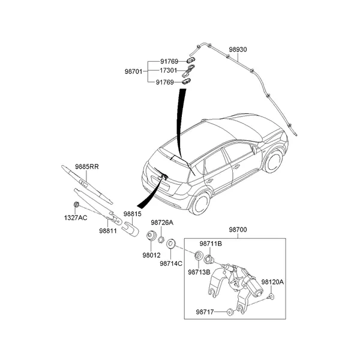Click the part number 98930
(239, 53)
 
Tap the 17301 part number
(169, 71)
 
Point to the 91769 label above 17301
(169, 61)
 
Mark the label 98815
(133, 214)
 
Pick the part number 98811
(109, 230)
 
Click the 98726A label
(162, 222)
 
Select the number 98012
(151, 254)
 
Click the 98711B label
(211, 244)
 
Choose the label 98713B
(198, 272)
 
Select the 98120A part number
(272, 281)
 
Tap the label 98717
(205, 311)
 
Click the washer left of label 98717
(230, 311)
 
